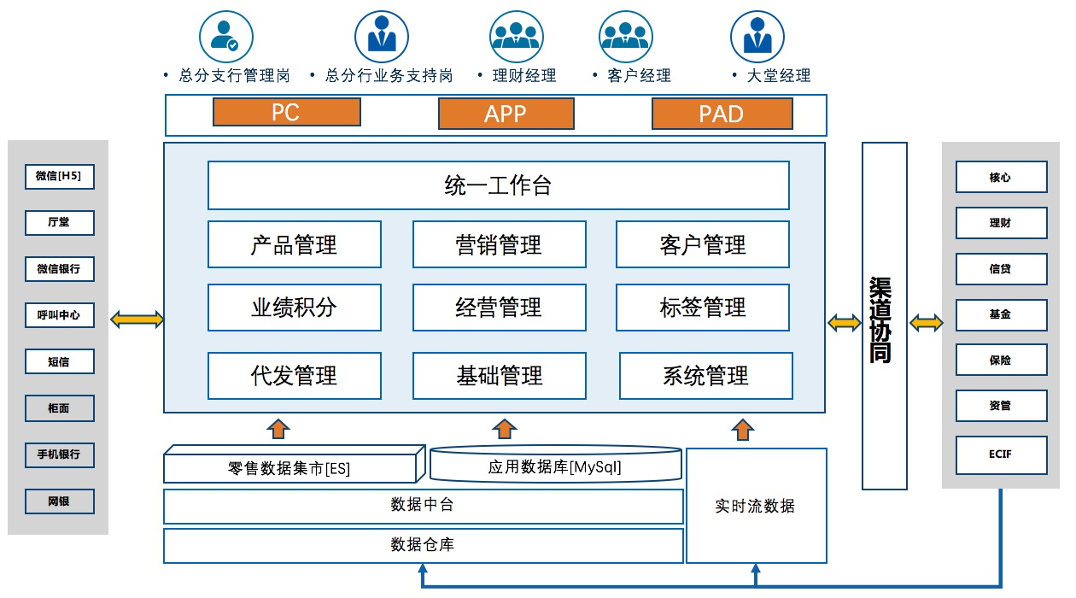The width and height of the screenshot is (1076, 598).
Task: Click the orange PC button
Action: [286, 113]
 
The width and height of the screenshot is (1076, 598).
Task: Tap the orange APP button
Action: [506, 114]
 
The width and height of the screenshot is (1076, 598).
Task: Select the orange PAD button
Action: [722, 114]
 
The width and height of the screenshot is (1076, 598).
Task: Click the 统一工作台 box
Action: [498, 185]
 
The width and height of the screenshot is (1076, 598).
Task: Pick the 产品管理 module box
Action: [294, 245]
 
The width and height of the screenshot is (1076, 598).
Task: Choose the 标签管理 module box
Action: [703, 308]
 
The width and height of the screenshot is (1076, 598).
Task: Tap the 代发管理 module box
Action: [294, 375]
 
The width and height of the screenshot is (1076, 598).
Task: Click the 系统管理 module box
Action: [705, 375]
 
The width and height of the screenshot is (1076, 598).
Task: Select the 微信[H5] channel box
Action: [59, 177]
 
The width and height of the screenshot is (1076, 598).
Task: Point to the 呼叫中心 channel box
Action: [59, 315]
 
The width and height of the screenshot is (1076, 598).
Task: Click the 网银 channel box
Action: [59, 501]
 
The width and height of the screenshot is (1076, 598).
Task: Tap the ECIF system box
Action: [1000, 454]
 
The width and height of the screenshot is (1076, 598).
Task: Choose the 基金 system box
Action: [1000, 314]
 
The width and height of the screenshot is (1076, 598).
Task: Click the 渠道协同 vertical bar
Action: [884, 316]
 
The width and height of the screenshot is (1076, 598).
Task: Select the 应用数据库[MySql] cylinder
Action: [555, 466]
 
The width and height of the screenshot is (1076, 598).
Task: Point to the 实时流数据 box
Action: [756, 506]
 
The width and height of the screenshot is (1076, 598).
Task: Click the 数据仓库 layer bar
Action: [423, 545]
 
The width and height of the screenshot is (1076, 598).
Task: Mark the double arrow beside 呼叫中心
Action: [137, 320]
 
